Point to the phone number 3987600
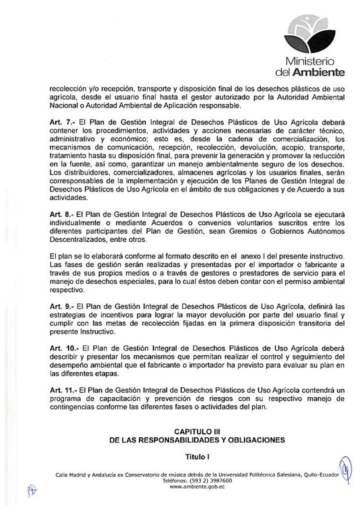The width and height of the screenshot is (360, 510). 207,481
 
